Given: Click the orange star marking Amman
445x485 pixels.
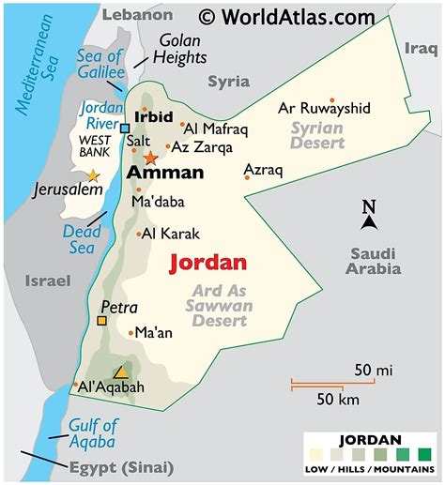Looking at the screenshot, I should tap(150, 158).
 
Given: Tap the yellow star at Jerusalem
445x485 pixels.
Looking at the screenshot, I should tap(92, 175).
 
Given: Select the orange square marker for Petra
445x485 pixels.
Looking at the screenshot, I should tap(101, 321).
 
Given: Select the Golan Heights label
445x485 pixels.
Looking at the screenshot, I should tap(181, 50).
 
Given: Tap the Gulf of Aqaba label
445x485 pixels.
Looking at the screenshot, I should tap(91, 433).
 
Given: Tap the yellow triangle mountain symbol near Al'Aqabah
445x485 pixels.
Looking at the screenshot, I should tap(119, 371).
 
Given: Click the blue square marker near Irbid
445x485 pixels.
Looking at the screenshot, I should tap(124, 128).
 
